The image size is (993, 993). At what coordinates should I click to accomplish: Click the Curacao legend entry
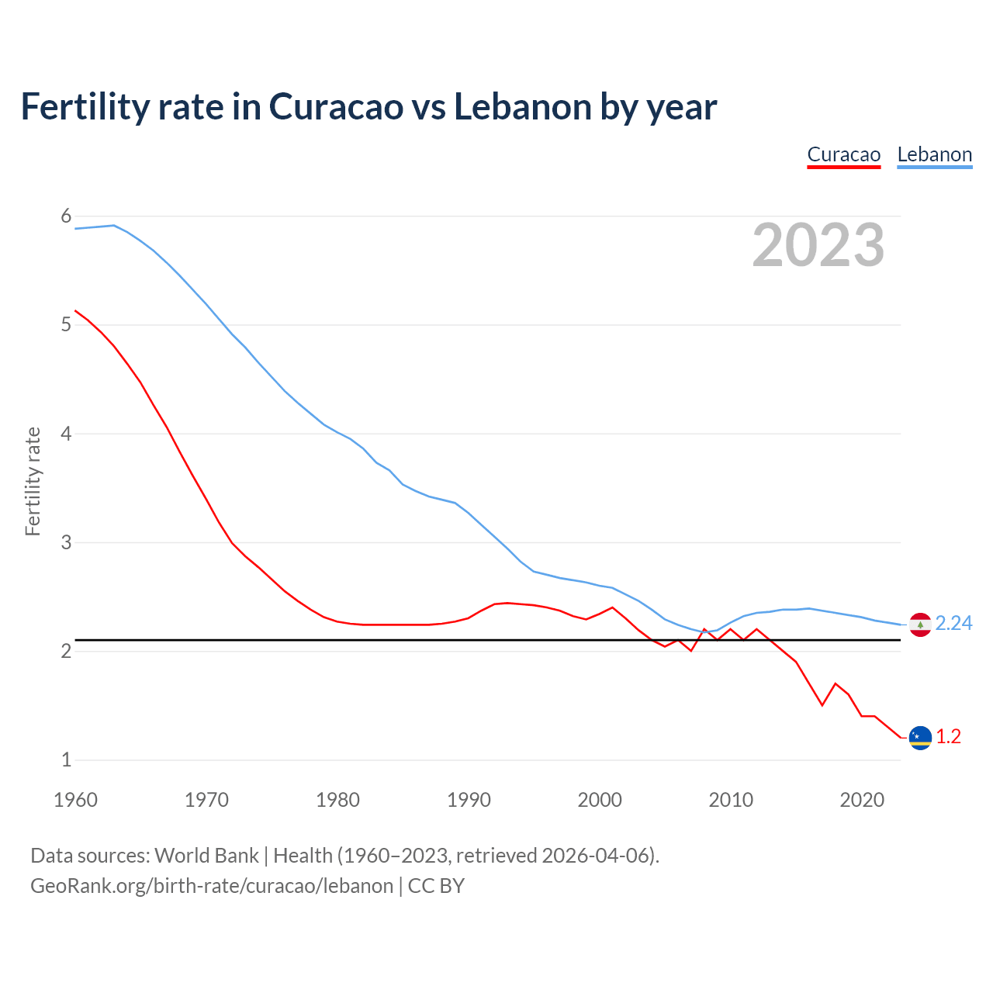click(843, 154)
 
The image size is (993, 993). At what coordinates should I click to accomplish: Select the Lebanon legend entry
click(934, 154)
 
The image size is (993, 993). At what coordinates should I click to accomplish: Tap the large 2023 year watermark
click(818, 245)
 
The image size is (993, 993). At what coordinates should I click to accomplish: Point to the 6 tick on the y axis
click(66, 216)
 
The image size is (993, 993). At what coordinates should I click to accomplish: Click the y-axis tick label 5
click(66, 325)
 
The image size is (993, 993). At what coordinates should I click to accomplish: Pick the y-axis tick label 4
click(66, 434)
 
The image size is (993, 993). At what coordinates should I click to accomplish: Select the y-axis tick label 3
click(66, 542)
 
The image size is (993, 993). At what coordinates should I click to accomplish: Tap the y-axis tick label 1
click(66, 759)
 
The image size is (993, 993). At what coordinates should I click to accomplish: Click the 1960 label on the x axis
click(75, 800)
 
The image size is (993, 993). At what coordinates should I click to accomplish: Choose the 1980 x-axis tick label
click(337, 800)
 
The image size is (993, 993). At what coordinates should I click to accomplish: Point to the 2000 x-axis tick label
click(600, 800)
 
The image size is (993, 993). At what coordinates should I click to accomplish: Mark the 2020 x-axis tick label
click(862, 800)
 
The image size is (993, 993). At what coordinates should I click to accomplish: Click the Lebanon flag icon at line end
click(920, 625)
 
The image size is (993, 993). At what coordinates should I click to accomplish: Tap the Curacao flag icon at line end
click(920, 738)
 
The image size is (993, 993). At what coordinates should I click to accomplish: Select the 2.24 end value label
click(953, 624)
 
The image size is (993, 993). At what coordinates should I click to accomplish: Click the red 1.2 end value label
click(948, 737)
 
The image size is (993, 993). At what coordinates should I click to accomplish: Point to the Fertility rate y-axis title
click(33, 481)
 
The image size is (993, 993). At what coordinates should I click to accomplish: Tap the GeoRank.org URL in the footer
click(212, 886)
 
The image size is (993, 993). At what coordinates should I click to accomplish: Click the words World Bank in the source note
click(206, 856)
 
